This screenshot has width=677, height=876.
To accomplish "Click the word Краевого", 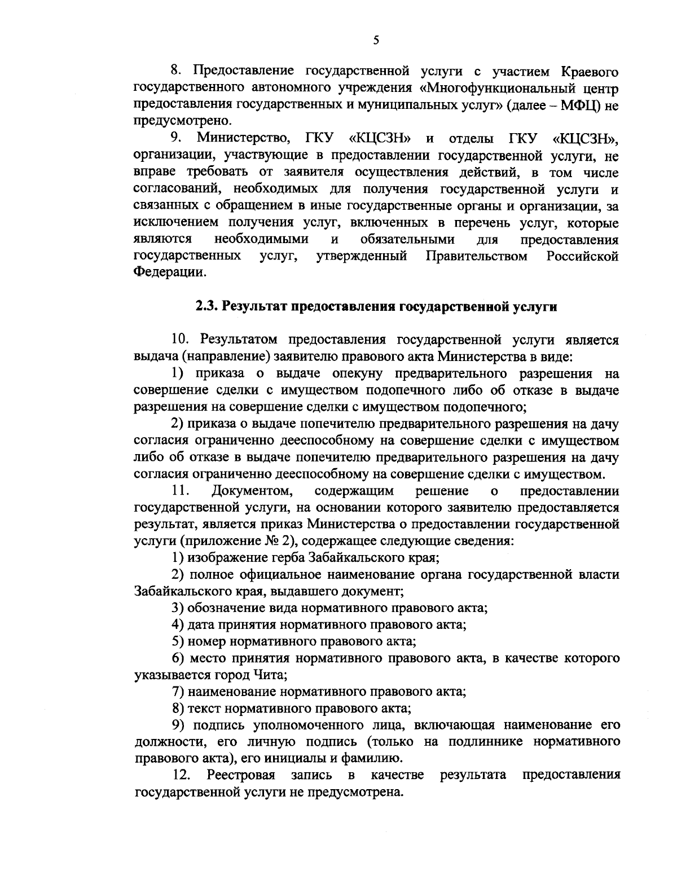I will tap(587, 72).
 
